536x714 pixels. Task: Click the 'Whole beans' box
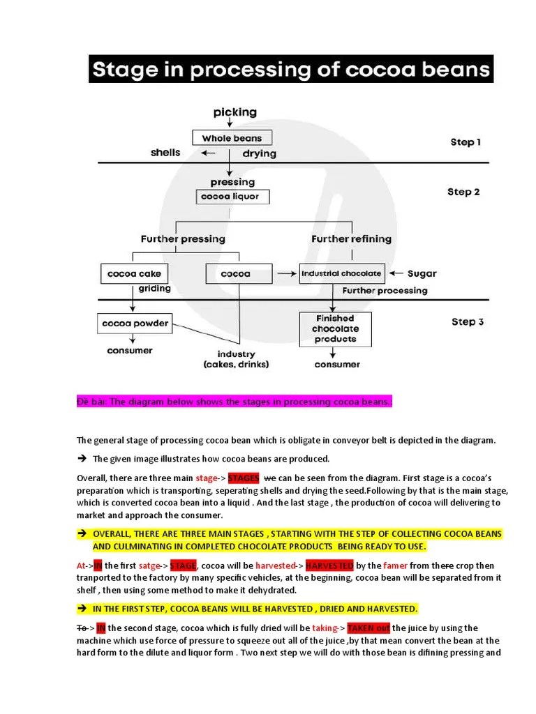coord(232,138)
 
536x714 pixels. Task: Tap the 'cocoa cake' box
coord(131,274)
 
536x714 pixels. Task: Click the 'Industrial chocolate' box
coord(341,273)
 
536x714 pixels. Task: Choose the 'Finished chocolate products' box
coord(335,328)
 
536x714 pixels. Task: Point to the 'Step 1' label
coord(466,142)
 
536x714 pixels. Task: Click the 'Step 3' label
coord(468,322)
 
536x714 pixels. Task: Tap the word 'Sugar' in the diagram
coord(422,274)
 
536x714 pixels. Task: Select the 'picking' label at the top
coord(235,112)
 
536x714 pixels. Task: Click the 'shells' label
coord(165,153)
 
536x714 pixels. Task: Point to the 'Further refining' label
coord(351,238)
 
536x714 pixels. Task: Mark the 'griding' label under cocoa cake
coord(155,289)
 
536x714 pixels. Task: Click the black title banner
coord(291,70)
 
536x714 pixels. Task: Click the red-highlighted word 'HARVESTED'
coord(329,565)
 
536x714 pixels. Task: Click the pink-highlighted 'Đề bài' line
coord(234,402)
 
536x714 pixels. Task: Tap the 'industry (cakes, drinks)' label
coord(236,359)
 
